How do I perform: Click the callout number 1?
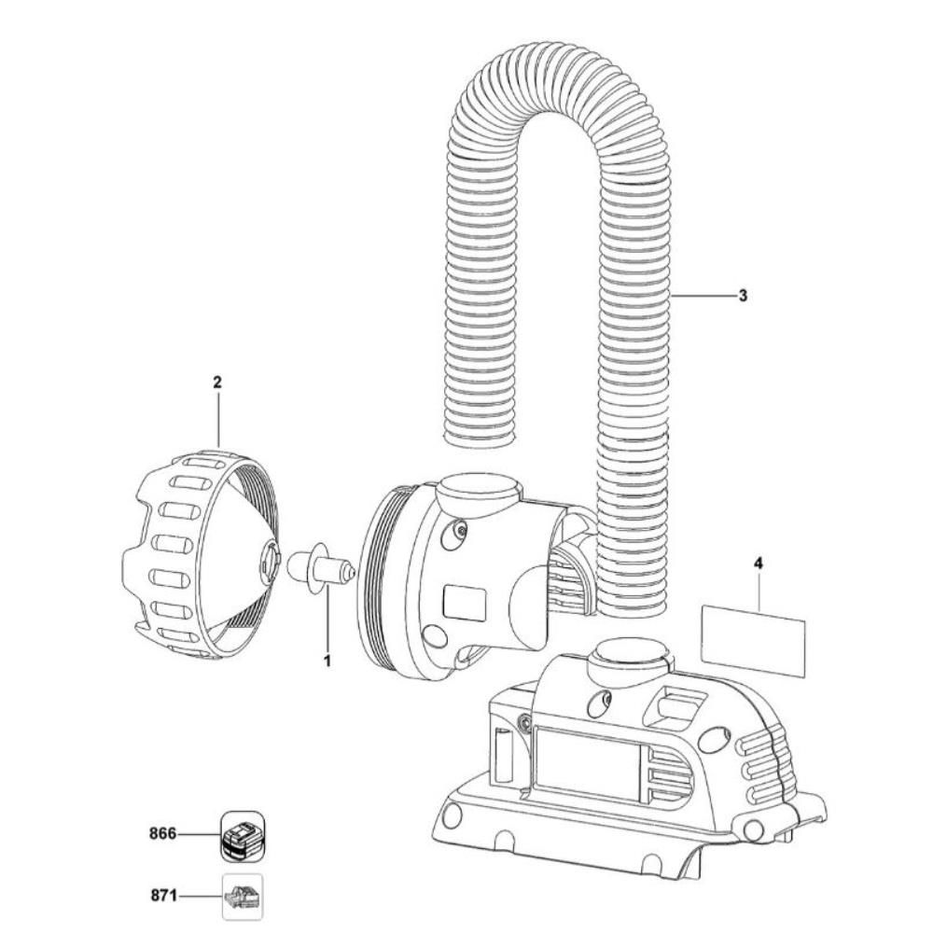[x=327, y=661]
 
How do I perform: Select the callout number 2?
[x=217, y=383]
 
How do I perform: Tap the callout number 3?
[x=743, y=296]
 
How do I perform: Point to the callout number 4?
[x=759, y=564]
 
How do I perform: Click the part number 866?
[x=164, y=833]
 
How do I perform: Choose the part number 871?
[x=164, y=896]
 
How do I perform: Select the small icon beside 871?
[x=242, y=897]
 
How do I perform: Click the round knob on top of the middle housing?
[x=478, y=489]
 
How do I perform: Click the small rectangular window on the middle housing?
[x=464, y=601]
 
